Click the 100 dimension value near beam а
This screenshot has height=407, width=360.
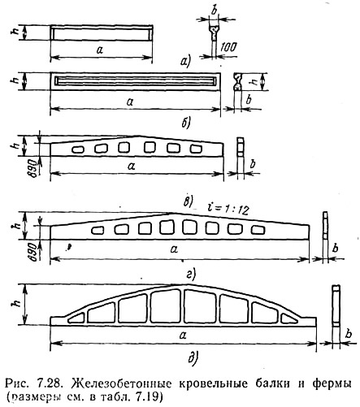(x=228, y=47)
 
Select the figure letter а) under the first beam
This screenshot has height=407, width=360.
(x=186, y=61)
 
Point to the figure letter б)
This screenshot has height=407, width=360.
(x=186, y=123)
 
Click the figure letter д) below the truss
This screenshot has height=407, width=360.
(x=193, y=358)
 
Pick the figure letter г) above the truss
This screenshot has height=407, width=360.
(x=191, y=275)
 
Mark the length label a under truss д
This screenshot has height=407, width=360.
(x=183, y=336)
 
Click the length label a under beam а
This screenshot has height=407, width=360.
(x=100, y=50)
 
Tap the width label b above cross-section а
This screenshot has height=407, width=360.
(x=214, y=11)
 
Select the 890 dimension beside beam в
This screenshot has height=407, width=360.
(x=34, y=168)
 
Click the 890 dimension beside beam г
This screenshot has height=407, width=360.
(x=33, y=252)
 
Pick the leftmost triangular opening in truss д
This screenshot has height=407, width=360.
(x=76, y=318)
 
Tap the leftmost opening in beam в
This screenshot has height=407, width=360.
(x=78, y=149)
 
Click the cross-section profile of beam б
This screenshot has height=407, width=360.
(x=237, y=81)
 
